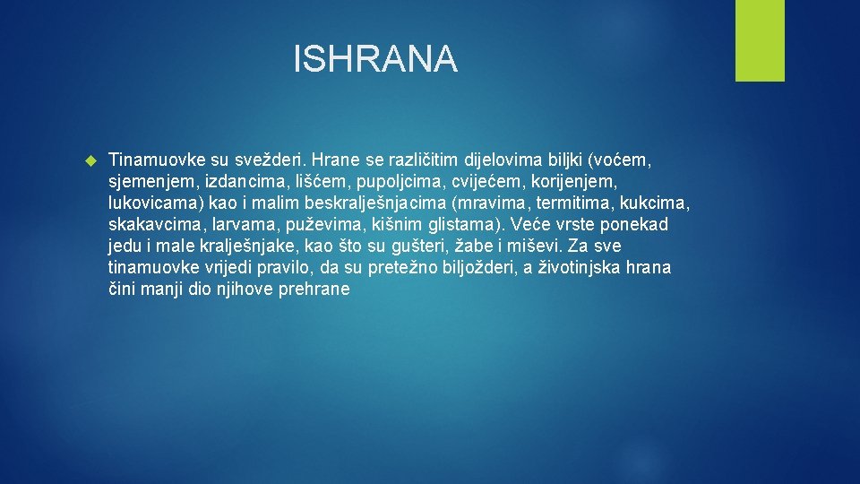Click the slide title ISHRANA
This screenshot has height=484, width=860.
pos(375,60)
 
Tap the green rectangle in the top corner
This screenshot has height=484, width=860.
pos(760,40)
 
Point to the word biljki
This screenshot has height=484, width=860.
pos(558,160)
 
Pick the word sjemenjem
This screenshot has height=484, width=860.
pos(152,182)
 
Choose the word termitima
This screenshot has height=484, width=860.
pos(572,203)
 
